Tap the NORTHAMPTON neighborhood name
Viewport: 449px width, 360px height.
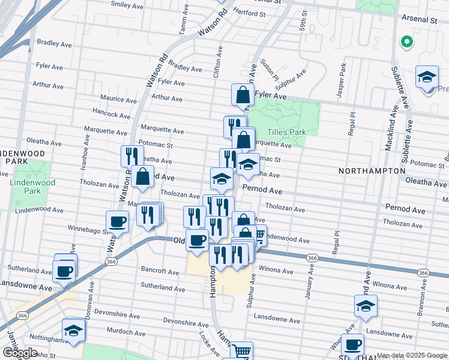click(x=372, y=171)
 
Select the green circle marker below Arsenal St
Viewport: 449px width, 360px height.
click(x=406, y=42)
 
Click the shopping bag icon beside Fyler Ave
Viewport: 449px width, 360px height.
click(x=242, y=95)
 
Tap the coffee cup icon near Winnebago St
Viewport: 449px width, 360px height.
click(x=118, y=222)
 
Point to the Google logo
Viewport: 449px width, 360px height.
click(x=19, y=353)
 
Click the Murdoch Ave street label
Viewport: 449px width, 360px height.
click(x=123, y=331)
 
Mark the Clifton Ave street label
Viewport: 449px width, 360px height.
click(x=218, y=64)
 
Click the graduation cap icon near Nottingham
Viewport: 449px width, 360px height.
click(x=73, y=330)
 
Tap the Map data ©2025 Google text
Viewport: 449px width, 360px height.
click(x=412, y=356)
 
